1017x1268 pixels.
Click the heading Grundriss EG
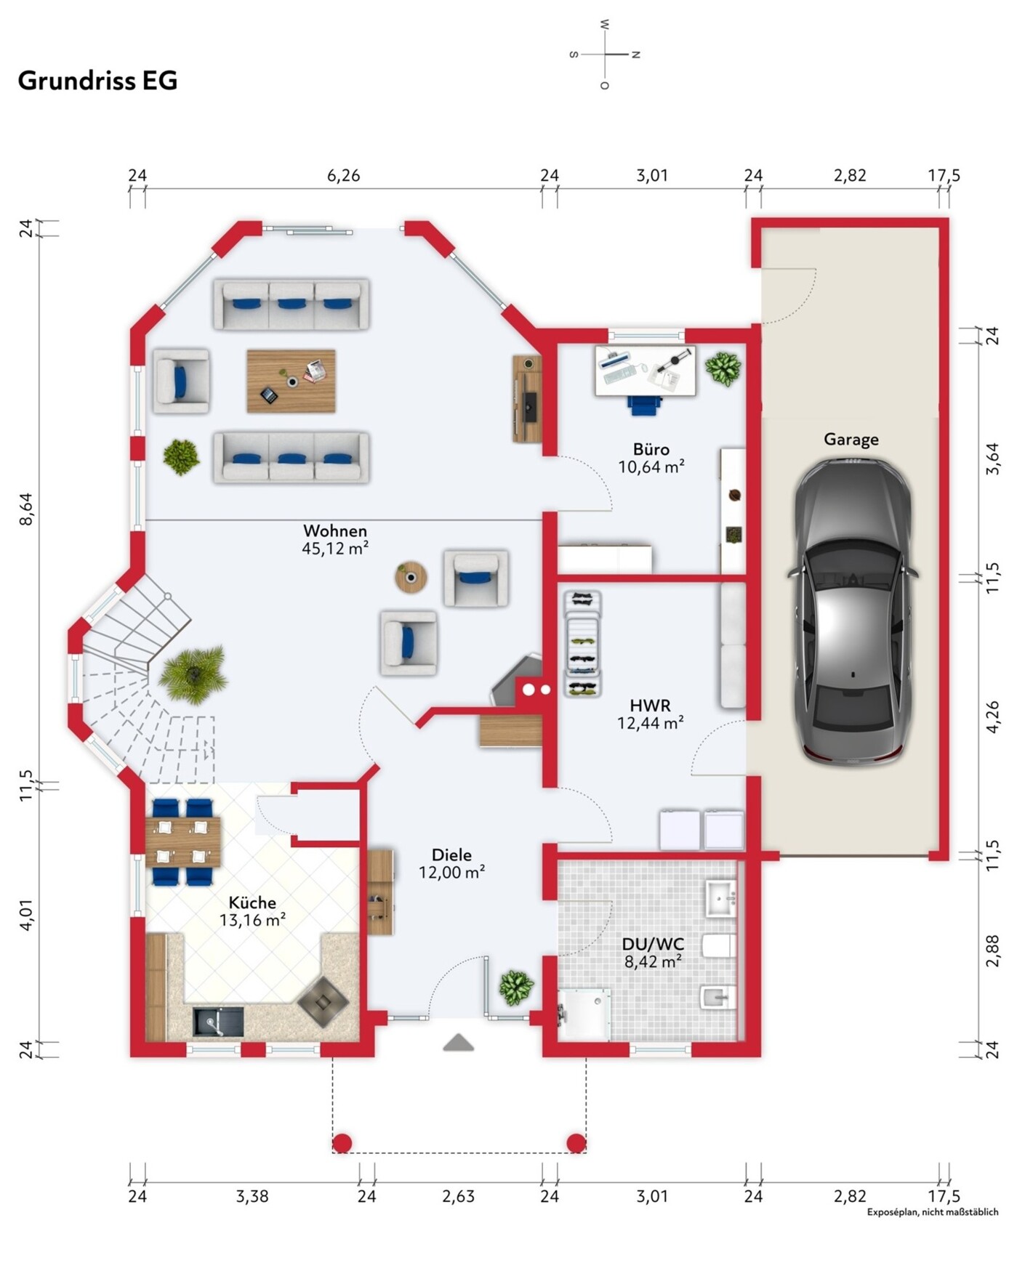coord(97,81)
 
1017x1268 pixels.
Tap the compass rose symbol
coord(605,54)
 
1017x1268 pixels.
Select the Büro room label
coord(651,449)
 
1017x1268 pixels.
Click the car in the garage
coord(851,611)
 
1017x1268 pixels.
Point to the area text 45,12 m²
coord(335,549)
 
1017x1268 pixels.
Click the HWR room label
coord(650,705)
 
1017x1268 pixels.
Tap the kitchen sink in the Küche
coord(218,1021)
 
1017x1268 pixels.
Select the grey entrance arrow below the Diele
coord(459,1043)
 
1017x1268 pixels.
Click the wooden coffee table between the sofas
coord(291,381)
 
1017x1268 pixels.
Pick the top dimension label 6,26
coord(343,176)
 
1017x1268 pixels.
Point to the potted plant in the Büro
coord(723,368)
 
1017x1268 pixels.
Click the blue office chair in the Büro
coord(643,405)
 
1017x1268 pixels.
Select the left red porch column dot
coord(342,1143)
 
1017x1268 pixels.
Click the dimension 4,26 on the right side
coord(992,716)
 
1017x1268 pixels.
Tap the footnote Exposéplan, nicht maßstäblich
coord(933,1212)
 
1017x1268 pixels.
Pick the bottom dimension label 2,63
coord(458,1196)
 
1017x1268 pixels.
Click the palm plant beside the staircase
coord(193,675)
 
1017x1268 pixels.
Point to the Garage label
coord(851,439)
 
